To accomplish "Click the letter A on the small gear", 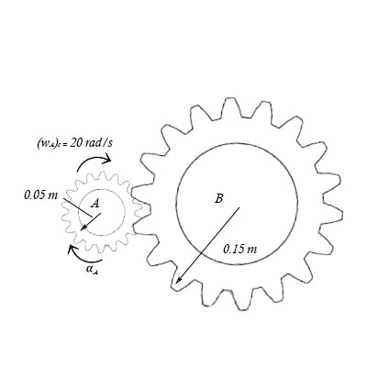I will tap(95, 205).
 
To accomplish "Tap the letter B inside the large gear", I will tap(218, 197).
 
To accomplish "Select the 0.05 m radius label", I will tap(40, 195).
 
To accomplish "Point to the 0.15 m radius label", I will tap(240, 249).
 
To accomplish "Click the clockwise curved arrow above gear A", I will tap(92, 162).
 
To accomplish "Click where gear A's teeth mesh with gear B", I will tap(138, 209).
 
